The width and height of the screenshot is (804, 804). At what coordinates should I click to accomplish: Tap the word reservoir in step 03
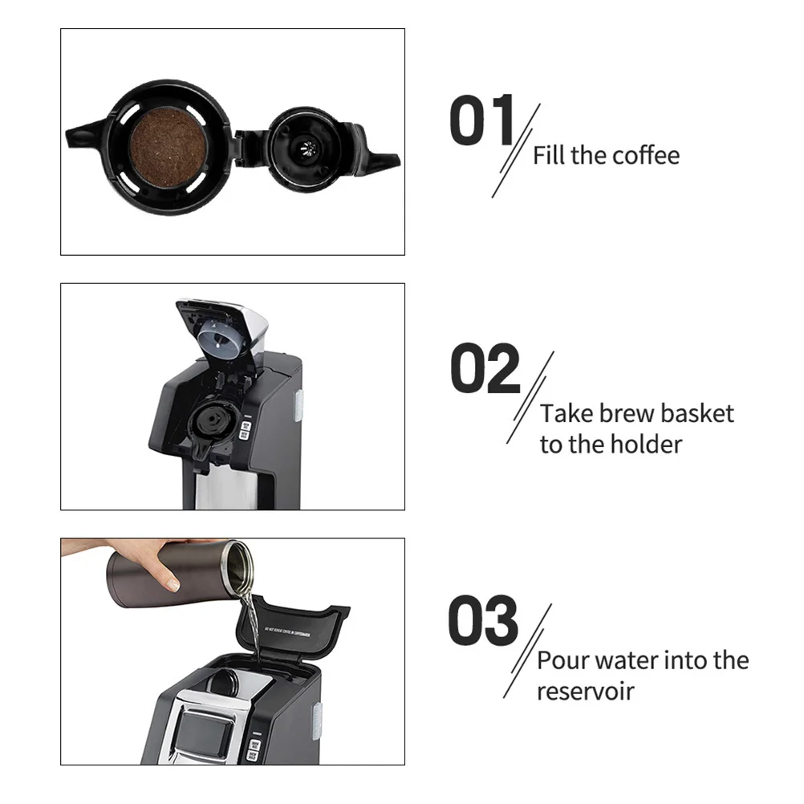tap(586, 691)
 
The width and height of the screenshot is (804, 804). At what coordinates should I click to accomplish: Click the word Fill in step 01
tap(549, 155)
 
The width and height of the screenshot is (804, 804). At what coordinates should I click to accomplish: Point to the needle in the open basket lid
tap(307, 148)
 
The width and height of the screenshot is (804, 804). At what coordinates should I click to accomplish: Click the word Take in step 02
tap(565, 414)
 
